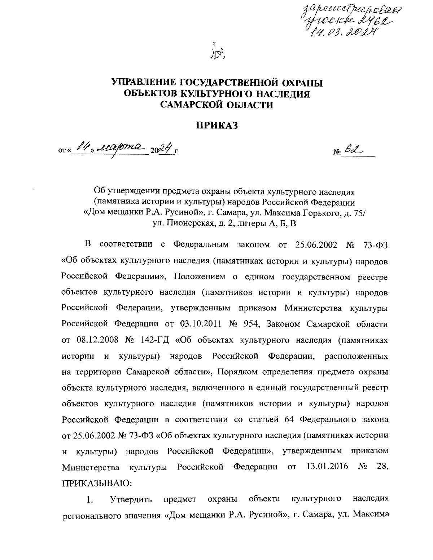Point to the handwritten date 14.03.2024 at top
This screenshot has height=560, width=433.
[340, 34]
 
